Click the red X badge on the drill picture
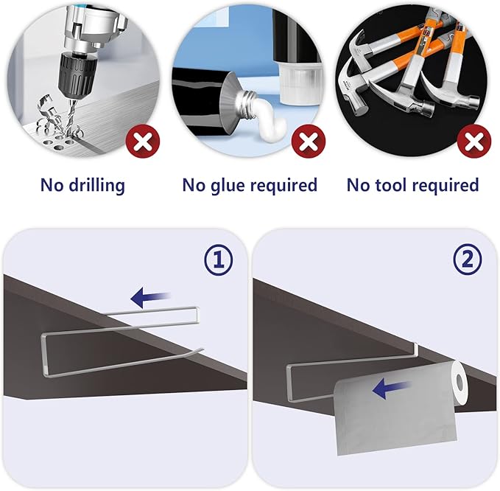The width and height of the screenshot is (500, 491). pos(143,141)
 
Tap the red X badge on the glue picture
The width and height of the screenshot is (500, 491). pos(309,141)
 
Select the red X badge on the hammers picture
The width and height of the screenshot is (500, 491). pos(474,141)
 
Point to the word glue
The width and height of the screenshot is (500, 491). pos(227,186)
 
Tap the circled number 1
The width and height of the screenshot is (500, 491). pos(219,260)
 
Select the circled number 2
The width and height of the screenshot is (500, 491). pos(468,260)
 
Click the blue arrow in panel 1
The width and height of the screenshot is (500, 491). pos(150,297)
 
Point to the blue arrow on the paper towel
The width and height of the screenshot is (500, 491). pos(392,389)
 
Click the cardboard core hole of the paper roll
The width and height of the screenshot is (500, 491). pos(460,381)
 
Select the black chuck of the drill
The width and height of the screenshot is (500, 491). pos(77,72)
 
